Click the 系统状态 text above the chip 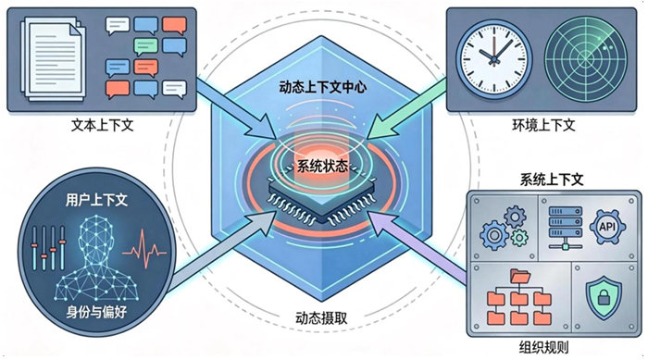click(323, 168)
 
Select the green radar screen click(579, 56)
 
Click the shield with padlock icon click(603, 296)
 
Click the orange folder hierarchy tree click(519, 297)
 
